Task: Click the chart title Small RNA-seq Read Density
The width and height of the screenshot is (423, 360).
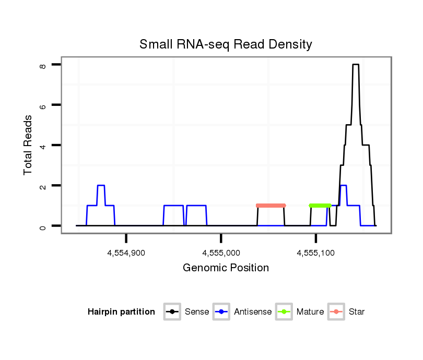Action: tap(226, 44)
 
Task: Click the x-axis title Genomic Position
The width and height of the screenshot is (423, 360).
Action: tap(226, 268)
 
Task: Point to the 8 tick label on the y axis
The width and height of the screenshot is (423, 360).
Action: tap(42, 65)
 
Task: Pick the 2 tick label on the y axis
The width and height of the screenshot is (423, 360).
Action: tap(42, 186)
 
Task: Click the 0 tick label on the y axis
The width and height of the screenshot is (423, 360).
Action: tap(42, 226)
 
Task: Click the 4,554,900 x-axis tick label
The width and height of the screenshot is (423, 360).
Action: tap(126, 253)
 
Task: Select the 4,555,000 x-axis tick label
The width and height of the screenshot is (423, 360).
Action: tap(221, 253)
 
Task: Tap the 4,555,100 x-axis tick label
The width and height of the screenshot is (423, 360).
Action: tap(316, 253)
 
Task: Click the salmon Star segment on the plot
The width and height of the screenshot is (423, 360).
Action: tap(271, 206)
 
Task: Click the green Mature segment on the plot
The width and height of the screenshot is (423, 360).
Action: tap(320, 206)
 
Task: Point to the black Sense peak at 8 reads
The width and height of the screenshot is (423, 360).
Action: tap(356, 65)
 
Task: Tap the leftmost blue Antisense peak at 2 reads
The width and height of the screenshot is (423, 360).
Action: tap(101, 186)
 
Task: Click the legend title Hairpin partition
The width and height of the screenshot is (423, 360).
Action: tap(121, 312)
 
